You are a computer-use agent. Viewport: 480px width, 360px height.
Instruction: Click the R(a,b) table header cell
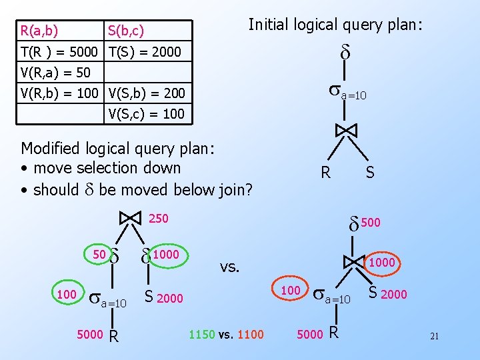coord(39,31)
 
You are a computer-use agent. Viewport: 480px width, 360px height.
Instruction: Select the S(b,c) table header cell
coord(126,31)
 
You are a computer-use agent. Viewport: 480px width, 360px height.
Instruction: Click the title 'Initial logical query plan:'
coord(335,25)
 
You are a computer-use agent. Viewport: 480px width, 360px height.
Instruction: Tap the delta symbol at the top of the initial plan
coord(345,52)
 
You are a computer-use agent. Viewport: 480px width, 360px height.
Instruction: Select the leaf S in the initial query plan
coord(370,173)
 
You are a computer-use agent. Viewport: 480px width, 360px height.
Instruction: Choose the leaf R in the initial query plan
coord(325,173)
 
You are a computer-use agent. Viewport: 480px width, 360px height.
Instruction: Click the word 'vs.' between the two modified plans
coord(230,267)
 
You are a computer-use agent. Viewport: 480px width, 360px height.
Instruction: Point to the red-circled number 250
coord(158,218)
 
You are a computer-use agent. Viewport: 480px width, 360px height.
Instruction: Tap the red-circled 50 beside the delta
coord(99,254)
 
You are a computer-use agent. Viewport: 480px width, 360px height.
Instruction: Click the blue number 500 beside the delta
coord(371,223)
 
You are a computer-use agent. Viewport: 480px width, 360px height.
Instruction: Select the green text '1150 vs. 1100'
coord(227,335)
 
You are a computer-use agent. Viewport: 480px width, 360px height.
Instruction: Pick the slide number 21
coord(434,336)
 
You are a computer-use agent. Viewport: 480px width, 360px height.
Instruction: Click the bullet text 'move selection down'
coord(107,168)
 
